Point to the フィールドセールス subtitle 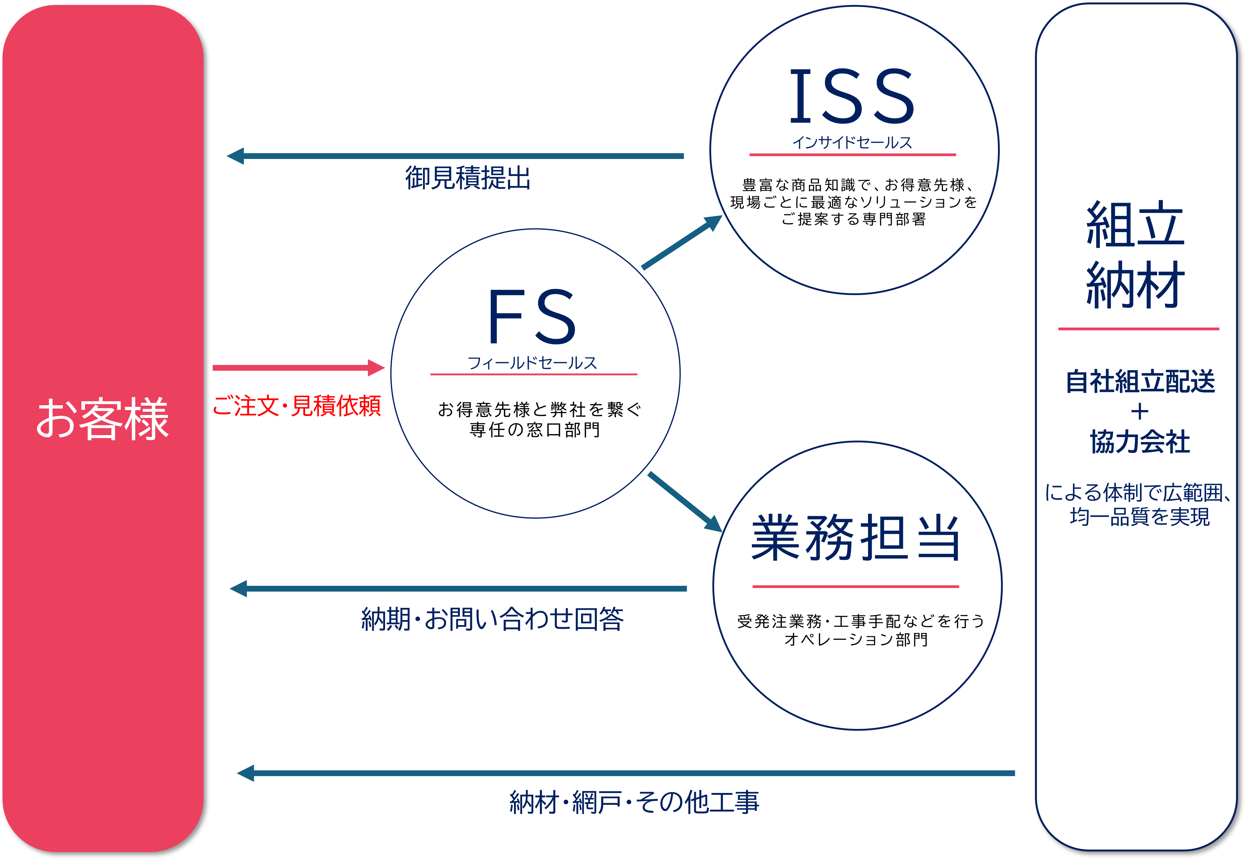532,363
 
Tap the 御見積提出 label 468,178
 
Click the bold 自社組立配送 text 1140,381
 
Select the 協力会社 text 1140,442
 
